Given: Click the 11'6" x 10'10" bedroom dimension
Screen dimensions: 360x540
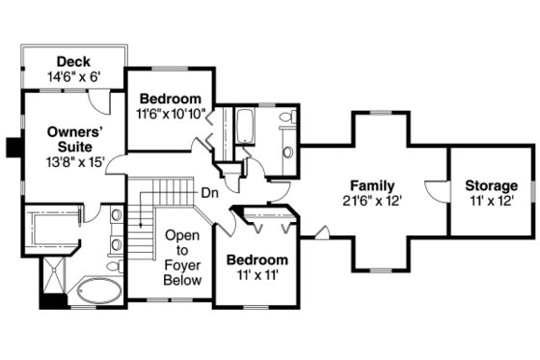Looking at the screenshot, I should [x=171, y=114].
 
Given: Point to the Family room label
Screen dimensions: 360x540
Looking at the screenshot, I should [x=371, y=184].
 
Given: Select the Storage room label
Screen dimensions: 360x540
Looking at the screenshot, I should [x=491, y=184].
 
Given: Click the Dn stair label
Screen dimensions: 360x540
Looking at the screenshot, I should [x=208, y=191].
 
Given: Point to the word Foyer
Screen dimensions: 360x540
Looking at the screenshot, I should [x=183, y=265].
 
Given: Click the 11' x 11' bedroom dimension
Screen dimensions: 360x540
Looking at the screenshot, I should [x=256, y=275].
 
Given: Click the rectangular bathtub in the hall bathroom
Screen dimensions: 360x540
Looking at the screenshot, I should [x=244, y=126].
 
